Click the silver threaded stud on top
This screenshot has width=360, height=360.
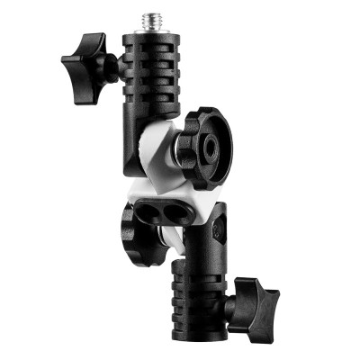click(x=143, y=20)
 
